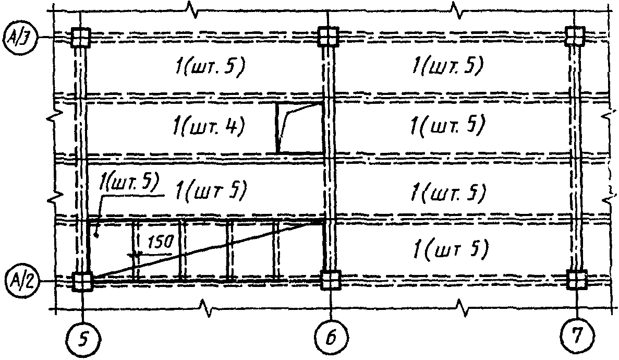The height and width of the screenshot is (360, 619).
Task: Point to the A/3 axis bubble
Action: tap(20, 37)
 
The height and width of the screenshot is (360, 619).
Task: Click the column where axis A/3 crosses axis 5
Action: tap(81, 37)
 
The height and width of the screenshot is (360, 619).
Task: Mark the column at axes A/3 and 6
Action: tap(328, 37)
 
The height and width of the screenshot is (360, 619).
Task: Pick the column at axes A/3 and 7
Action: tap(575, 37)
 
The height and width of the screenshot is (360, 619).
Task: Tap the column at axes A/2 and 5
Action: tap(82, 282)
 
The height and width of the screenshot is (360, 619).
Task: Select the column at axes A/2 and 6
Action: tap(330, 280)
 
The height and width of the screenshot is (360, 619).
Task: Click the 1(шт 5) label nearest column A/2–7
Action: tap(450, 250)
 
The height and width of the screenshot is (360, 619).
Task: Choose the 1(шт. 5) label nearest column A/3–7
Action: tap(447, 66)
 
